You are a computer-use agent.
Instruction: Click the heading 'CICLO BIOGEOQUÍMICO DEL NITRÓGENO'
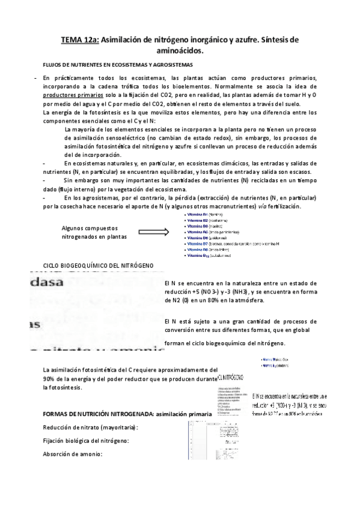click(99, 265)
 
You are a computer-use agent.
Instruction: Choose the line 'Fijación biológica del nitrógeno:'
click(85, 440)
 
